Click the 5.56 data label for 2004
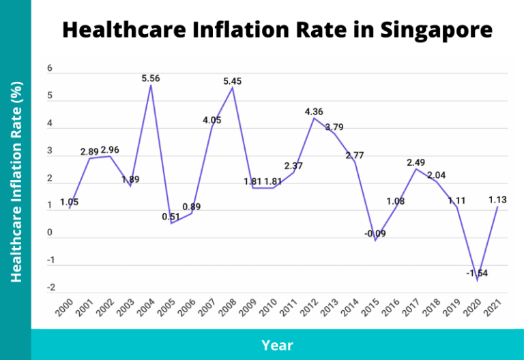151,78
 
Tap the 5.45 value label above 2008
233,81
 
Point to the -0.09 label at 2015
374,233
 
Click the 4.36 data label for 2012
315,111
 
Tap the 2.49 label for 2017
417,162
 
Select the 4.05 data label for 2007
212,120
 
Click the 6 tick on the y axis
49,69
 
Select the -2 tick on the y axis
49,288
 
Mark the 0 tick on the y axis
49,233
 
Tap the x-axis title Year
277,345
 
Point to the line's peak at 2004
151,86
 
